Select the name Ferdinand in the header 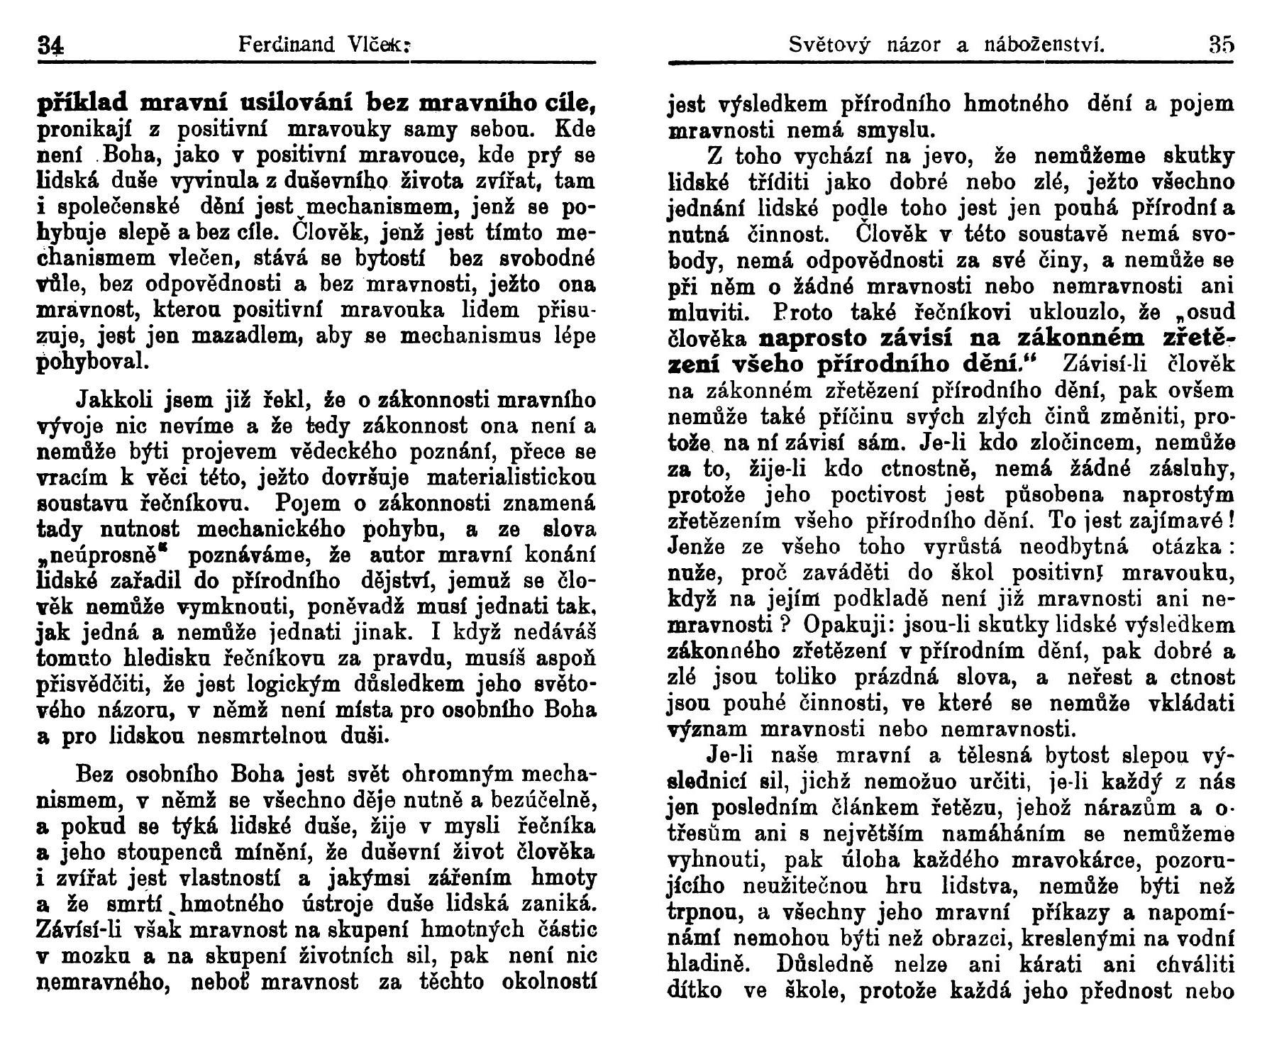(x=287, y=45)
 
